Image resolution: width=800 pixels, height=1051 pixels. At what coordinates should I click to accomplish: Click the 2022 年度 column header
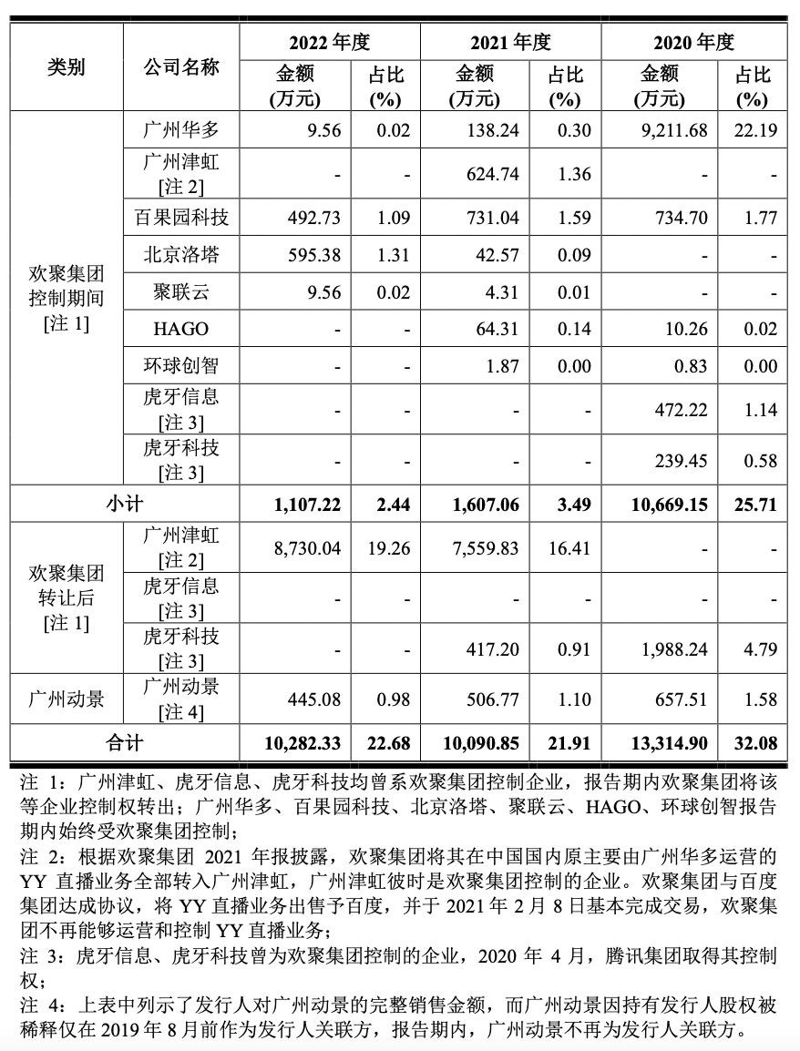tap(329, 42)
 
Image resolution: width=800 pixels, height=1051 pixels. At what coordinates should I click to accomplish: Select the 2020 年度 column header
tap(693, 42)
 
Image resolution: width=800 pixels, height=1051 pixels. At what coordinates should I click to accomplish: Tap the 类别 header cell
tap(66, 67)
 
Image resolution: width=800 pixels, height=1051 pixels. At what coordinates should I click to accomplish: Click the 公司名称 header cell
tap(181, 67)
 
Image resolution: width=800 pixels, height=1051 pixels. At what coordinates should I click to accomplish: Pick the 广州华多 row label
tap(181, 130)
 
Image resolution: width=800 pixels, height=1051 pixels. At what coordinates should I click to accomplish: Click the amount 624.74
tap(492, 174)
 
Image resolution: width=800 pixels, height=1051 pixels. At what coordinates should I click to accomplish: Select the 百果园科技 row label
tap(181, 218)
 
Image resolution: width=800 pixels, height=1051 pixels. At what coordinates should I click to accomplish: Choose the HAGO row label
tap(181, 329)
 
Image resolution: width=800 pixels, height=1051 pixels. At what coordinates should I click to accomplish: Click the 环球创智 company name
tap(181, 366)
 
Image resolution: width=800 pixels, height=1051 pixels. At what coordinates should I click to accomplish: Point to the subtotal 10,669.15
tap(667, 504)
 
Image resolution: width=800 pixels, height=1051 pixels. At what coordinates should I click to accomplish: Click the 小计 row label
tap(124, 503)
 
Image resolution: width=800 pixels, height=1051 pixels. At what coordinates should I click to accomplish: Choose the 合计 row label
tap(124, 743)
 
